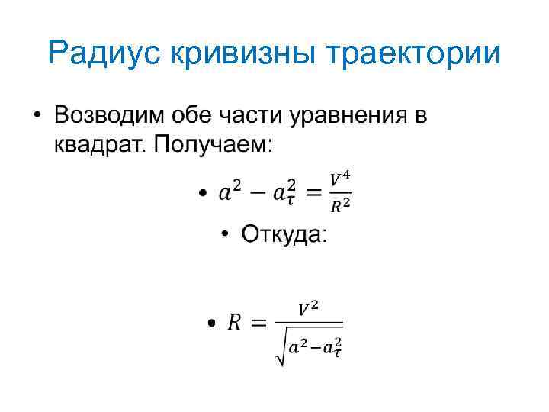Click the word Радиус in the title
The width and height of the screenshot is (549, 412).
[x=103, y=54]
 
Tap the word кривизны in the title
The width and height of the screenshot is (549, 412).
[x=242, y=54]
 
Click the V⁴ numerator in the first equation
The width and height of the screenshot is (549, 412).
[x=340, y=178]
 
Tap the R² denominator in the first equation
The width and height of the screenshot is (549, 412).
[x=340, y=204]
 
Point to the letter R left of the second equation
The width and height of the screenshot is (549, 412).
[x=233, y=323]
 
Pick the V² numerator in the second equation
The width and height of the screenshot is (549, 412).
[x=308, y=309]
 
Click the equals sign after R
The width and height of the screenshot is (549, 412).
[x=259, y=323]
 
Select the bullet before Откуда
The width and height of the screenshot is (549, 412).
[x=226, y=235]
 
